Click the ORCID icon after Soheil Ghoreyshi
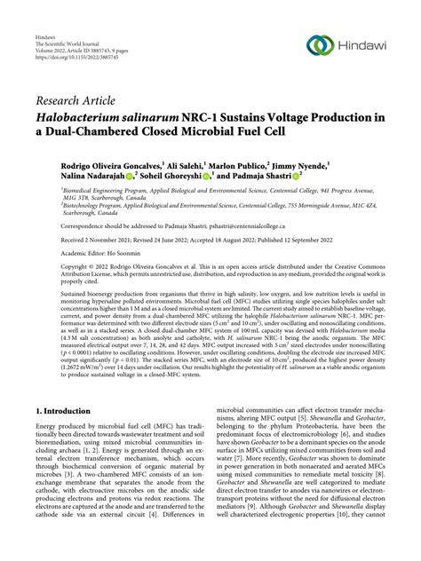(x=205, y=178)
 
